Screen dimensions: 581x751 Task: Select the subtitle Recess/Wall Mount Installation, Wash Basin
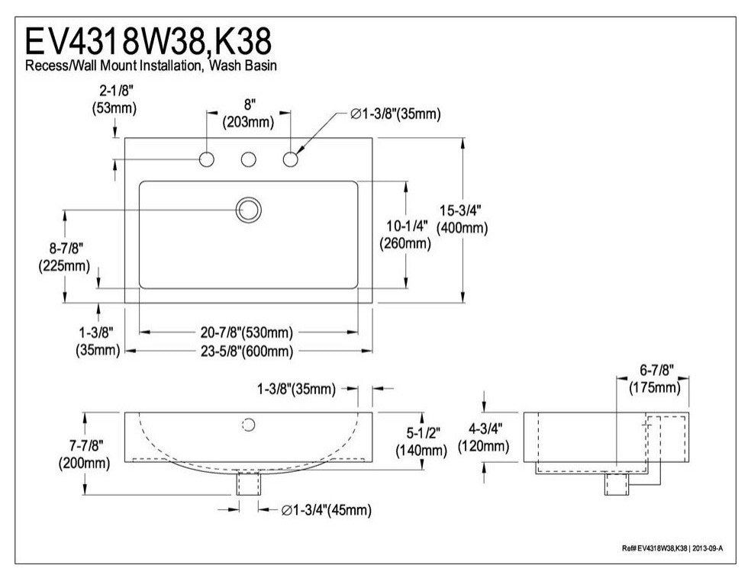(x=151, y=66)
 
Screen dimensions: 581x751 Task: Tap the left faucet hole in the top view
(x=206, y=159)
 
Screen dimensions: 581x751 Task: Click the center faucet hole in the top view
(x=248, y=159)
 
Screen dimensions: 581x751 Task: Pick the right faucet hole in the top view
(x=290, y=159)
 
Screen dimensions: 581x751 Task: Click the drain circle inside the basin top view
(x=248, y=209)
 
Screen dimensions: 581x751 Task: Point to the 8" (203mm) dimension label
(x=247, y=114)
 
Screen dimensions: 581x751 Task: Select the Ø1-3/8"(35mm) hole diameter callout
(x=395, y=114)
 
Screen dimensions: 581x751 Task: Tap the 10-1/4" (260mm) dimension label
(x=405, y=235)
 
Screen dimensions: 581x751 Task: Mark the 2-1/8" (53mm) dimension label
(x=113, y=100)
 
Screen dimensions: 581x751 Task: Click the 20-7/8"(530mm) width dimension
(x=247, y=332)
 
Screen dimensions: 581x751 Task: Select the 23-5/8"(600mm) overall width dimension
(x=247, y=351)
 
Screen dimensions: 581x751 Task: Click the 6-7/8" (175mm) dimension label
(x=654, y=380)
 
